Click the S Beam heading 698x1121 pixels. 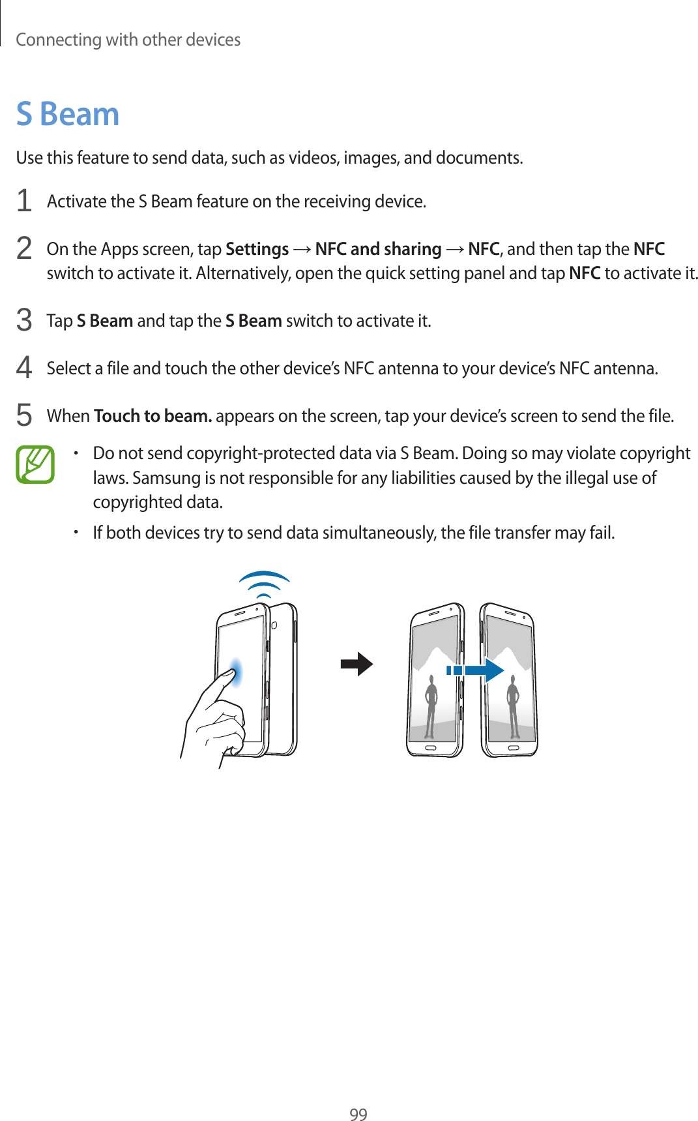click(68, 114)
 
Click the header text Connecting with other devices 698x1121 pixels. click(128, 40)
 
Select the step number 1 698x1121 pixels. click(24, 201)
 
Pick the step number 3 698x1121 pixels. click(24, 320)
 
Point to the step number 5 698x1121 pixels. click(24, 415)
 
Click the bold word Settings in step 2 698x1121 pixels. click(257, 249)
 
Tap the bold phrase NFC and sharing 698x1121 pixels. click(378, 249)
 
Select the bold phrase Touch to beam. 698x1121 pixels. click(153, 416)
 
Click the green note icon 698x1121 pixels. click(35, 464)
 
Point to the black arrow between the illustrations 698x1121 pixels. click(356, 664)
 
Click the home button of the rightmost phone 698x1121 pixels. click(514, 747)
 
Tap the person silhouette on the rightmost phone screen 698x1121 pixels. click(513, 704)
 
